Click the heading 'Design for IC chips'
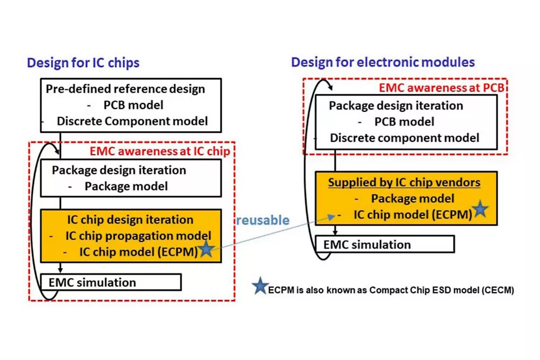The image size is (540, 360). tap(83, 62)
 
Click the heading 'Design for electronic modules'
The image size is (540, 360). tap(383, 62)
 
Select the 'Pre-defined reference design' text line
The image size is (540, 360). tap(125, 89)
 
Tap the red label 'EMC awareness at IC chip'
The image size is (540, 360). tap(160, 151)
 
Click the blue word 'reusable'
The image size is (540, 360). tap(262, 220)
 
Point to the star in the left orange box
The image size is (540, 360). tap(206, 249)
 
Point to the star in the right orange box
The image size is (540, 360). tap(480, 209)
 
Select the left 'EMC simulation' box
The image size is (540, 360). tap(111, 282)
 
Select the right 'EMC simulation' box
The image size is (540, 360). tap(385, 244)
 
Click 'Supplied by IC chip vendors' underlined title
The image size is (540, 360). tap(404, 183)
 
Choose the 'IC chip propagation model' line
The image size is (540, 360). tap(138, 235)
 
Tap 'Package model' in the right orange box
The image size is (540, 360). tap(412, 198)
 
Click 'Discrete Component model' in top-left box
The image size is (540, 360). tap(132, 121)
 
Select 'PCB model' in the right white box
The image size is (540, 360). tap(404, 122)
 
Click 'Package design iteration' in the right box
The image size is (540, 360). tap(396, 106)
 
